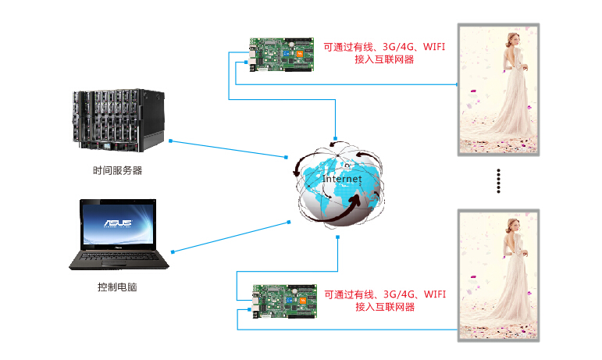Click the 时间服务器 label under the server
tap(117, 171)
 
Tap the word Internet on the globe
tap(342, 179)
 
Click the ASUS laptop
tap(119, 234)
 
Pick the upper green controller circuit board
tap(282, 55)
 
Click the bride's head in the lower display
tap(513, 226)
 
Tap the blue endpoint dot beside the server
tap(170, 141)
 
